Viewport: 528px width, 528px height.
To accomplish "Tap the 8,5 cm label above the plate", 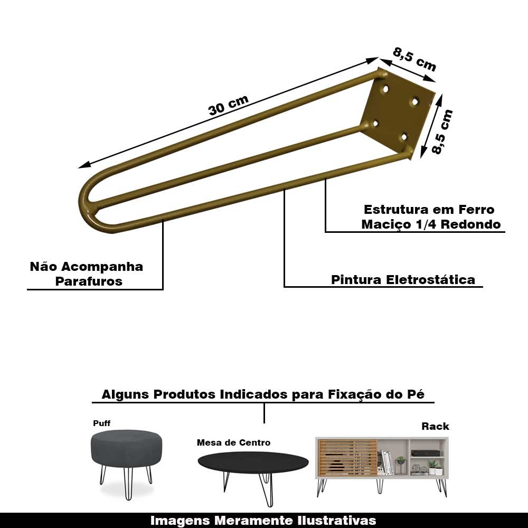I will pyautogui.click(x=414, y=59).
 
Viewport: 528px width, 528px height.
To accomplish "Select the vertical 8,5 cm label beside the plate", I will pyautogui.click(x=442, y=131).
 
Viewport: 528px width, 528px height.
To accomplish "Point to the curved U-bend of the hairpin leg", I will pyautogui.click(x=87, y=203).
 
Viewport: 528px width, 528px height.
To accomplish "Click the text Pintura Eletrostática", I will pyautogui.click(x=403, y=279).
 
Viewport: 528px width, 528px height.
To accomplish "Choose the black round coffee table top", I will pyautogui.click(x=253, y=462).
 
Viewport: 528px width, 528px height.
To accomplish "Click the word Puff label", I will pyautogui.click(x=102, y=423).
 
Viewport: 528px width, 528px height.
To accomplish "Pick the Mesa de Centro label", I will pyautogui.click(x=233, y=442).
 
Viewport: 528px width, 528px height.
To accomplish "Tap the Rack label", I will pyautogui.click(x=435, y=426).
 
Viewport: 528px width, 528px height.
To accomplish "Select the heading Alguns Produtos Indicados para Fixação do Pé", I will pyautogui.click(x=263, y=394).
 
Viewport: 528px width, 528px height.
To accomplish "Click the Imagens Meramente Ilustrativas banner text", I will pyautogui.click(x=263, y=520).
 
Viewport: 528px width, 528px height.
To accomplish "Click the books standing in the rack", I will pyautogui.click(x=388, y=463).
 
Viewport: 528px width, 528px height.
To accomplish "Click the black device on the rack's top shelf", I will pyautogui.click(x=425, y=453).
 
